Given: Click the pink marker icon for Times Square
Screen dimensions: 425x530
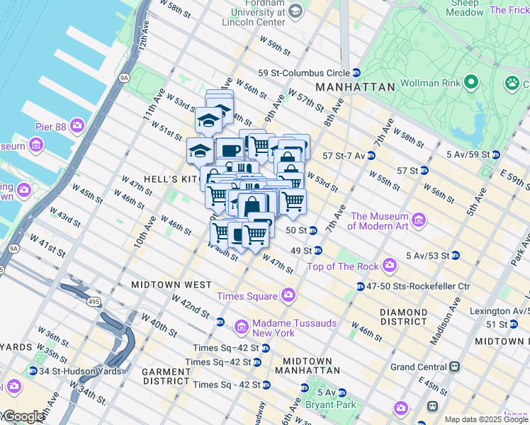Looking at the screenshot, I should [x=288, y=295].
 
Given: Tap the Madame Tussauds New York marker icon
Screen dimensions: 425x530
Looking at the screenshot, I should [x=242, y=327].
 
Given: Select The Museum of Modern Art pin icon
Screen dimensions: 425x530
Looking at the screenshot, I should [x=419, y=221].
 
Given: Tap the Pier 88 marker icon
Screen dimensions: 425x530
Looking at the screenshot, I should [x=77, y=127].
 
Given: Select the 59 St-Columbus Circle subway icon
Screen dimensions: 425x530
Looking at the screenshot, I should [x=356, y=73].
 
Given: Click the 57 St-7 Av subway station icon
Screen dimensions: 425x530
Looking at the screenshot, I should [x=371, y=155].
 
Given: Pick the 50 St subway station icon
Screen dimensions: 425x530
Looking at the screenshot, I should [x=312, y=230].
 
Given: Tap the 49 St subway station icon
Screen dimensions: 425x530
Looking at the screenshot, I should [x=318, y=250].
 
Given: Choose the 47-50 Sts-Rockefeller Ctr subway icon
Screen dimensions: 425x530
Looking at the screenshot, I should [x=360, y=286].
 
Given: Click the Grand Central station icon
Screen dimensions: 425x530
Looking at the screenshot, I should [x=455, y=367].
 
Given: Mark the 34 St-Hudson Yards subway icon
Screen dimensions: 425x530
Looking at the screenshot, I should [x=33, y=371].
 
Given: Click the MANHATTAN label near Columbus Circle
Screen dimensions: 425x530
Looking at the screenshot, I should [x=355, y=86].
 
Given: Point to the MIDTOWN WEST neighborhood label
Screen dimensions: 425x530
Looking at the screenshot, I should [x=171, y=284].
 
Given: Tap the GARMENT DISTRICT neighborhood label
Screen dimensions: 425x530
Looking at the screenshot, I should [x=167, y=376].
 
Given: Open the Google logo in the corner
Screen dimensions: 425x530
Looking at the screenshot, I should [x=23, y=416].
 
